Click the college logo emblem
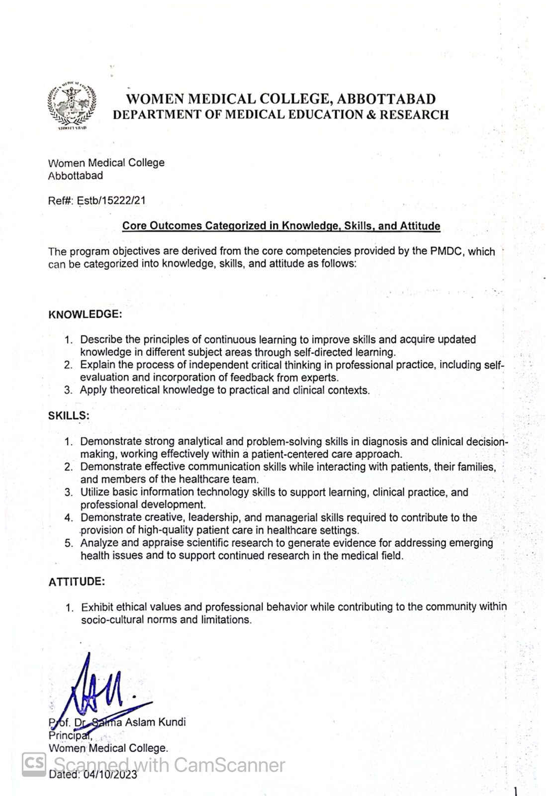[x=73, y=104]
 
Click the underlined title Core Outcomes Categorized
[x=281, y=226]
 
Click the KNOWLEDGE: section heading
[x=85, y=314]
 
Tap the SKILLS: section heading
[x=69, y=415]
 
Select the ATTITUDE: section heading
[x=76, y=582]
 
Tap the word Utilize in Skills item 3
[x=95, y=493]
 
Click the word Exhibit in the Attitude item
[x=97, y=607]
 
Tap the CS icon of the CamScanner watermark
[x=34, y=763]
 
